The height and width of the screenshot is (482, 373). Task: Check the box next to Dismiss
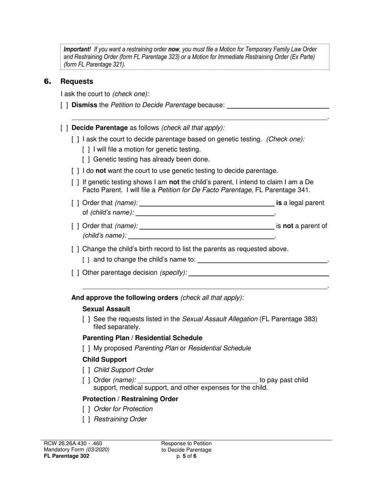(x=64, y=105)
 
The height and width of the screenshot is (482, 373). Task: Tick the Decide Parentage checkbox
(x=64, y=128)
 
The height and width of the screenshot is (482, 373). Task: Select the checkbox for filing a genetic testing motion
(x=86, y=149)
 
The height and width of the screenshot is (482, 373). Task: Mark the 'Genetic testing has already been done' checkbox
(x=86, y=159)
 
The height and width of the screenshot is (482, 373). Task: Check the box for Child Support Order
(x=86, y=370)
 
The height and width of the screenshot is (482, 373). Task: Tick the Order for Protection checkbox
(x=86, y=409)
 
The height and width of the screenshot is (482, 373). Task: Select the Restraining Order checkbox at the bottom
(x=86, y=419)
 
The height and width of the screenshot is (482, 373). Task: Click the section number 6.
(x=48, y=82)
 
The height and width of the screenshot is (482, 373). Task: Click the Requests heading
(x=77, y=82)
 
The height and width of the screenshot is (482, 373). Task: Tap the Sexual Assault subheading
(x=106, y=309)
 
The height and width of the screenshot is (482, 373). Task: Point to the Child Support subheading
(x=104, y=360)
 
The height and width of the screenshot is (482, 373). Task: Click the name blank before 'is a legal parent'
(x=207, y=203)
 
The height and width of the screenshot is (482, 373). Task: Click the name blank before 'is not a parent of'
(x=207, y=226)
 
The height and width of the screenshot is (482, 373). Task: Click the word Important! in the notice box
(x=77, y=49)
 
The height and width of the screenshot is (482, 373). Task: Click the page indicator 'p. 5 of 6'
(x=186, y=456)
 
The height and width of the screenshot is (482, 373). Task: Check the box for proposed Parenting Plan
(x=86, y=348)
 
